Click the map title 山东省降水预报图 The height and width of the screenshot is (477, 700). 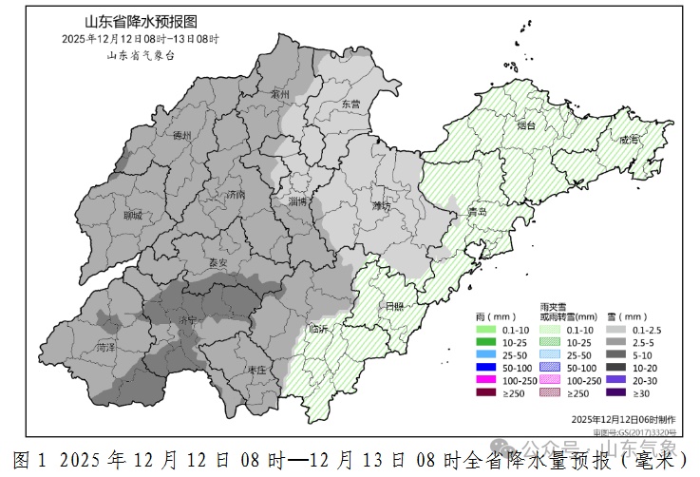click(x=140, y=22)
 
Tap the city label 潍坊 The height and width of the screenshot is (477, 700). click(x=382, y=206)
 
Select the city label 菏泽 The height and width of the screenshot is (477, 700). click(x=107, y=348)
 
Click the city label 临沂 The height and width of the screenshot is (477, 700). click(x=319, y=329)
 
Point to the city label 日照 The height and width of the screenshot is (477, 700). click(x=391, y=306)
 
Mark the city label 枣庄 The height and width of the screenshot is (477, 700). click(x=254, y=370)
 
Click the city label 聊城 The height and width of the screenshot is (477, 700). click(x=131, y=216)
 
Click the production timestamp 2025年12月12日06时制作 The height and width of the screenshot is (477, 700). click(x=624, y=418)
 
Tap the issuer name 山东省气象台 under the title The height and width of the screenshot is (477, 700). click(x=140, y=55)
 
